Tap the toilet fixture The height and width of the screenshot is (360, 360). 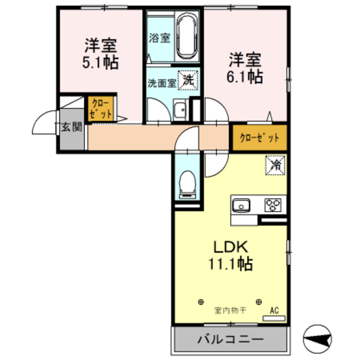click(x=187, y=184)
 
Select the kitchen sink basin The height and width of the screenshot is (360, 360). click(x=241, y=205)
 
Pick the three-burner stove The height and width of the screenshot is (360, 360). click(x=273, y=205)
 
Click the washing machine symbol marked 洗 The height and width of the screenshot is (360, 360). click(x=188, y=80)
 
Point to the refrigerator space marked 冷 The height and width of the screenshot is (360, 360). click(x=275, y=165)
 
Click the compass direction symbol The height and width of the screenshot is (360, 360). click(x=317, y=339)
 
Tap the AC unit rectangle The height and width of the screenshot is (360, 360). click(x=274, y=318)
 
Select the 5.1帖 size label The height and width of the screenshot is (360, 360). click(x=100, y=62)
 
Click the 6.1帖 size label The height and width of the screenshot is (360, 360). click(x=245, y=76)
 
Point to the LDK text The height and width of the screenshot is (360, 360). click(x=231, y=247)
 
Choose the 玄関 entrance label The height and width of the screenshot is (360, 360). click(x=72, y=127)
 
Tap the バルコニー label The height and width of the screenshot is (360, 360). click(x=231, y=339)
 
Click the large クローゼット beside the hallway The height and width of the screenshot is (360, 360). click(x=260, y=138)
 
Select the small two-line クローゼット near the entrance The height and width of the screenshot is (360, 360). click(x=101, y=109)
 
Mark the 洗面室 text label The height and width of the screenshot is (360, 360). click(x=162, y=83)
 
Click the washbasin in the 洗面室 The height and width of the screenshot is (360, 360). click(x=181, y=110)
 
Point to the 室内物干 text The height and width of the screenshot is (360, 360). click(x=230, y=310)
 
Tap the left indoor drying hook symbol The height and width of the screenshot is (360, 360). click(x=201, y=301)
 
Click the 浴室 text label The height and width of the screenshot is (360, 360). click(x=160, y=38)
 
